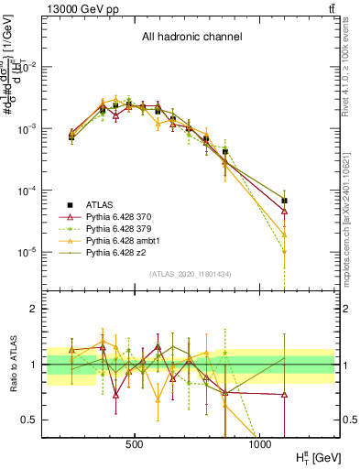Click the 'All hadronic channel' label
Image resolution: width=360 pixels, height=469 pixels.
pyautogui.click(x=191, y=38)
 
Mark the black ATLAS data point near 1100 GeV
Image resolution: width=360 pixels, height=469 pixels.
pyautogui.click(x=284, y=200)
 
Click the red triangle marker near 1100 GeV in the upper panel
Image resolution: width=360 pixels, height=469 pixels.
pyautogui.click(x=284, y=211)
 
